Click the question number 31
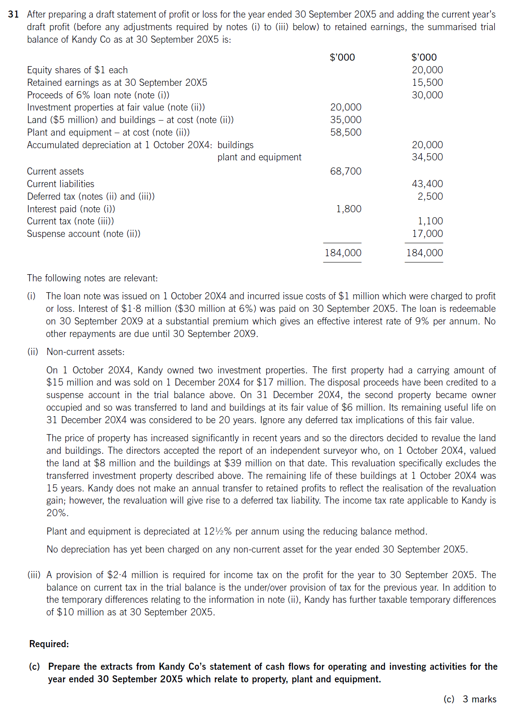pyautogui.click(x=13, y=14)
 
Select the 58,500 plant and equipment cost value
pyautogui.click(x=346, y=132)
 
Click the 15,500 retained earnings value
pyautogui.click(x=427, y=82)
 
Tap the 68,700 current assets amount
pyautogui.click(x=346, y=171)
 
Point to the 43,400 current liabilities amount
pyautogui.click(x=427, y=184)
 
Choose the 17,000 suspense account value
pyautogui.click(x=427, y=234)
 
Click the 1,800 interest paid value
pyautogui.click(x=348, y=209)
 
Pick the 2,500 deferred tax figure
pyautogui.click(x=430, y=196)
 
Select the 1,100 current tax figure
pyautogui.click(x=430, y=221)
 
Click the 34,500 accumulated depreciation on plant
pyautogui.click(x=427, y=157)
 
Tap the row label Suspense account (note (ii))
pyautogui.click(x=84, y=234)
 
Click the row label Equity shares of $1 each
pyautogui.click(x=77, y=70)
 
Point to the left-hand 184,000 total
pyautogui.click(x=343, y=253)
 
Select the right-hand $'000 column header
pyautogui.click(x=424, y=57)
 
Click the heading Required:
pyautogui.click(x=49, y=644)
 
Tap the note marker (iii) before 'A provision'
pyautogui.click(x=34, y=575)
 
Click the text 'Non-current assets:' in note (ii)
pyautogui.click(x=85, y=352)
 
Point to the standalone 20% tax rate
pyautogui.click(x=57, y=513)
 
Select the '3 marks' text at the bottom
pyautogui.click(x=479, y=699)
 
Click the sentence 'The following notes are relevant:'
pyautogui.click(x=93, y=278)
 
